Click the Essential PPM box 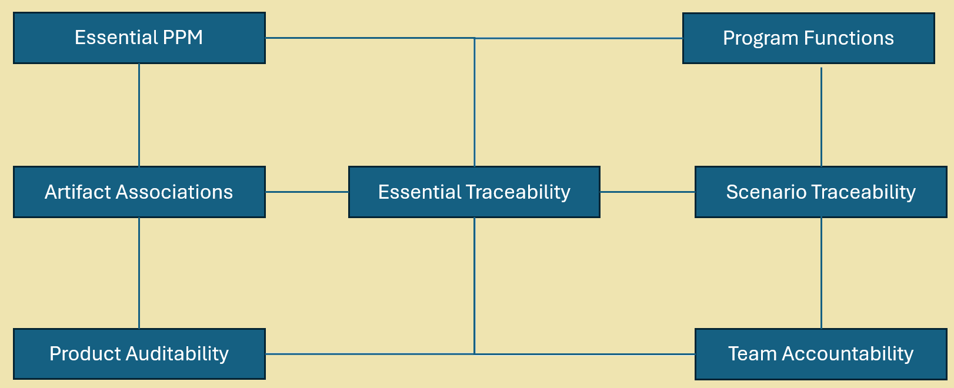pos(139,38)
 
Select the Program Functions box pos(808,38)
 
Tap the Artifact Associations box pos(139,192)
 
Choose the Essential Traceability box pos(474,192)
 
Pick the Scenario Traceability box pos(820,192)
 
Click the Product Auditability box pos(139,354)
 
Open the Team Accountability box pos(820,354)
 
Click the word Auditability pos(176,354)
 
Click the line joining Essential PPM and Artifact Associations pos(139,115)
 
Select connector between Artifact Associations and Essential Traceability pos(306,192)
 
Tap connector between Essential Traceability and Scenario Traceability pos(647,192)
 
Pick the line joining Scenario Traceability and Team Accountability pos(821,273)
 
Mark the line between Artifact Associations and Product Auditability pos(139,273)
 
